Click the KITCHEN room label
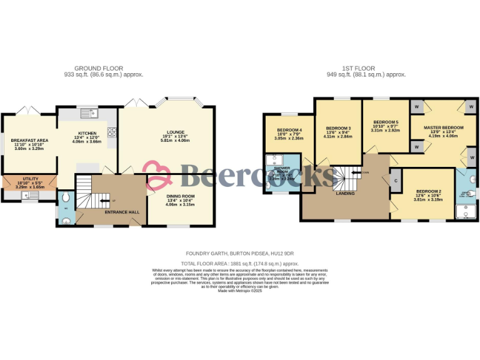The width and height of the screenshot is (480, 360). click(87, 133)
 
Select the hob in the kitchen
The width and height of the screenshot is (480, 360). click(112, 132)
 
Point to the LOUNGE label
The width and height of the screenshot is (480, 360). click(175, 132)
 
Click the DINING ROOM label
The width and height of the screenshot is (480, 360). click(180, 196)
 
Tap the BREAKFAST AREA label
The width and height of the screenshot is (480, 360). click(29, 122)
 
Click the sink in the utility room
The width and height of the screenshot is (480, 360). click(28, 195)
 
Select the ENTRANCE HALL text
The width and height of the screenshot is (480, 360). click(121, 212)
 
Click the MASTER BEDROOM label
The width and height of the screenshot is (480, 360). click(444, 127)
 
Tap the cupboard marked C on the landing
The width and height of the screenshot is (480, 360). click(396, 181)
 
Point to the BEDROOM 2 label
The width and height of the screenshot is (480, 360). click(429, 191)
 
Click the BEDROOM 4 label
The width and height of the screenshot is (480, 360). click(289, 130)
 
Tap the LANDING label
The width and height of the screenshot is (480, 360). click(345, 194)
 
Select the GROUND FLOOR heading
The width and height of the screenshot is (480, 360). click(99, 68)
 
